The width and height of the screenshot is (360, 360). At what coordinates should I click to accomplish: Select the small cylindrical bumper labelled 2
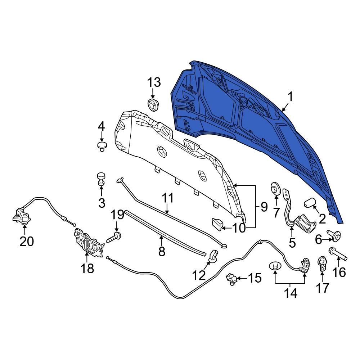309,203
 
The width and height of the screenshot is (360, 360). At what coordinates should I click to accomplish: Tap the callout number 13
153,83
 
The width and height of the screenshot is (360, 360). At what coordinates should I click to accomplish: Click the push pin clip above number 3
101,179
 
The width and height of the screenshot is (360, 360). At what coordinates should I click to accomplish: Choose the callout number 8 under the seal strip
162,251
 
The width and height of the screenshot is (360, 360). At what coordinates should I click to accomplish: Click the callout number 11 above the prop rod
167,198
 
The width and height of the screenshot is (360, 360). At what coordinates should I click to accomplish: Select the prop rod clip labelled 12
213,255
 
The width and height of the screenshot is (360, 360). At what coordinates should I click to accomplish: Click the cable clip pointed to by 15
231,279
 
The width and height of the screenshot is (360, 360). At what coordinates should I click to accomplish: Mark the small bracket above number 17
322,263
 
